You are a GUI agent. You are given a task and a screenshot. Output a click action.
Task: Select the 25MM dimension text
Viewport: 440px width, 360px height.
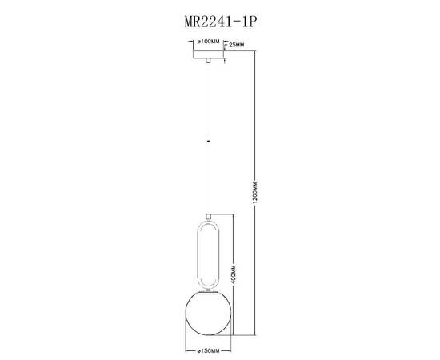[238, 46]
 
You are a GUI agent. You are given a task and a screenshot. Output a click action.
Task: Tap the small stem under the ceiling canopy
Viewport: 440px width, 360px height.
[209, 61]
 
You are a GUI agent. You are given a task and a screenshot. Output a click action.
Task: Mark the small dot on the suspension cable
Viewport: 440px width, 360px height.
[209, 140]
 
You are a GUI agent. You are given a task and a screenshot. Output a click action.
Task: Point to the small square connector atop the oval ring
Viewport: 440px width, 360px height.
[209, 216]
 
